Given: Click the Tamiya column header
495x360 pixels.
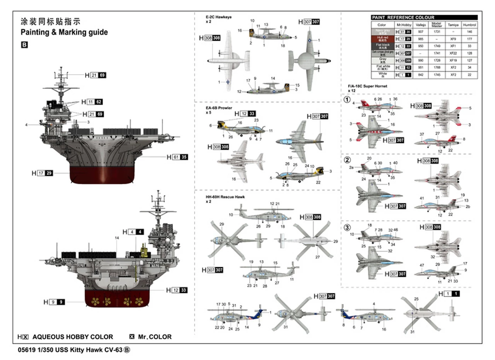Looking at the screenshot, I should tap(453, 25).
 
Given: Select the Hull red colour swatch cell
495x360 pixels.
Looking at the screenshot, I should tap(382, 39).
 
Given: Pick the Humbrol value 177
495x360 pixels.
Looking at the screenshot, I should tap(469, 39).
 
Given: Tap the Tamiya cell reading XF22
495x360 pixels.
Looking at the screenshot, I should tap(453, 53).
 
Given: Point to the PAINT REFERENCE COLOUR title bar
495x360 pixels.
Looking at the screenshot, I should tap(424, 17).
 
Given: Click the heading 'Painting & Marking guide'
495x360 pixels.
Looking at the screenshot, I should tap(64, 32).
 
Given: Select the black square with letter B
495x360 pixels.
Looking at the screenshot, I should tap(24, 45).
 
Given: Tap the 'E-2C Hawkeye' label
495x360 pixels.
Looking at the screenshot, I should tap(219, 17).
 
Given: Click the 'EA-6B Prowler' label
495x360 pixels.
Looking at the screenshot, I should tap(219, 108).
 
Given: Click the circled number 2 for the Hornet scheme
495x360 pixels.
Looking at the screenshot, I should tap(347, 160).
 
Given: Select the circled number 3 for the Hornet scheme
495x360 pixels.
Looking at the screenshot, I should tap(347, 227).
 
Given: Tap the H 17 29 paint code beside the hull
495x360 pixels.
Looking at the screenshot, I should tap(42, 173).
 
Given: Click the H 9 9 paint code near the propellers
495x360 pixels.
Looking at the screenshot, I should tap(54, 302).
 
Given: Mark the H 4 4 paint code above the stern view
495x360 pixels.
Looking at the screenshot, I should tap(133, 232).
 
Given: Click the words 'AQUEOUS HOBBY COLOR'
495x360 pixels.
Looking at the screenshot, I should tap(73, 337).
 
